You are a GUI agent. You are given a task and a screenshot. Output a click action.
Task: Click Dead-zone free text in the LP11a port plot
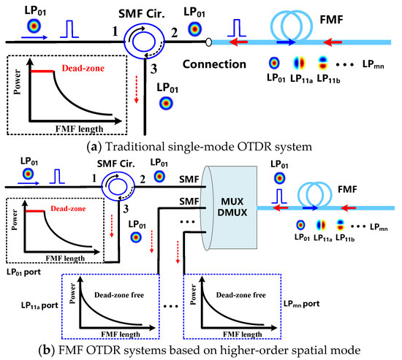point(110,294)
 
